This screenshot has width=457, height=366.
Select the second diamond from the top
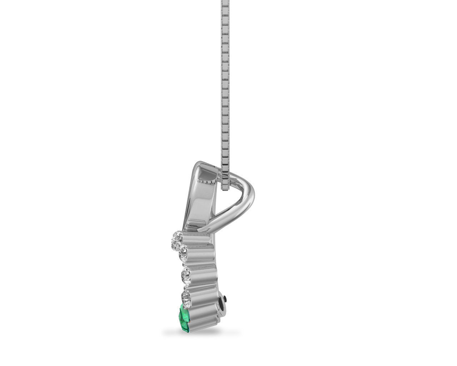182,253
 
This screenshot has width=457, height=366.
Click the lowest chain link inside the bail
226,186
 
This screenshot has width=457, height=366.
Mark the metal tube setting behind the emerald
204,318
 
